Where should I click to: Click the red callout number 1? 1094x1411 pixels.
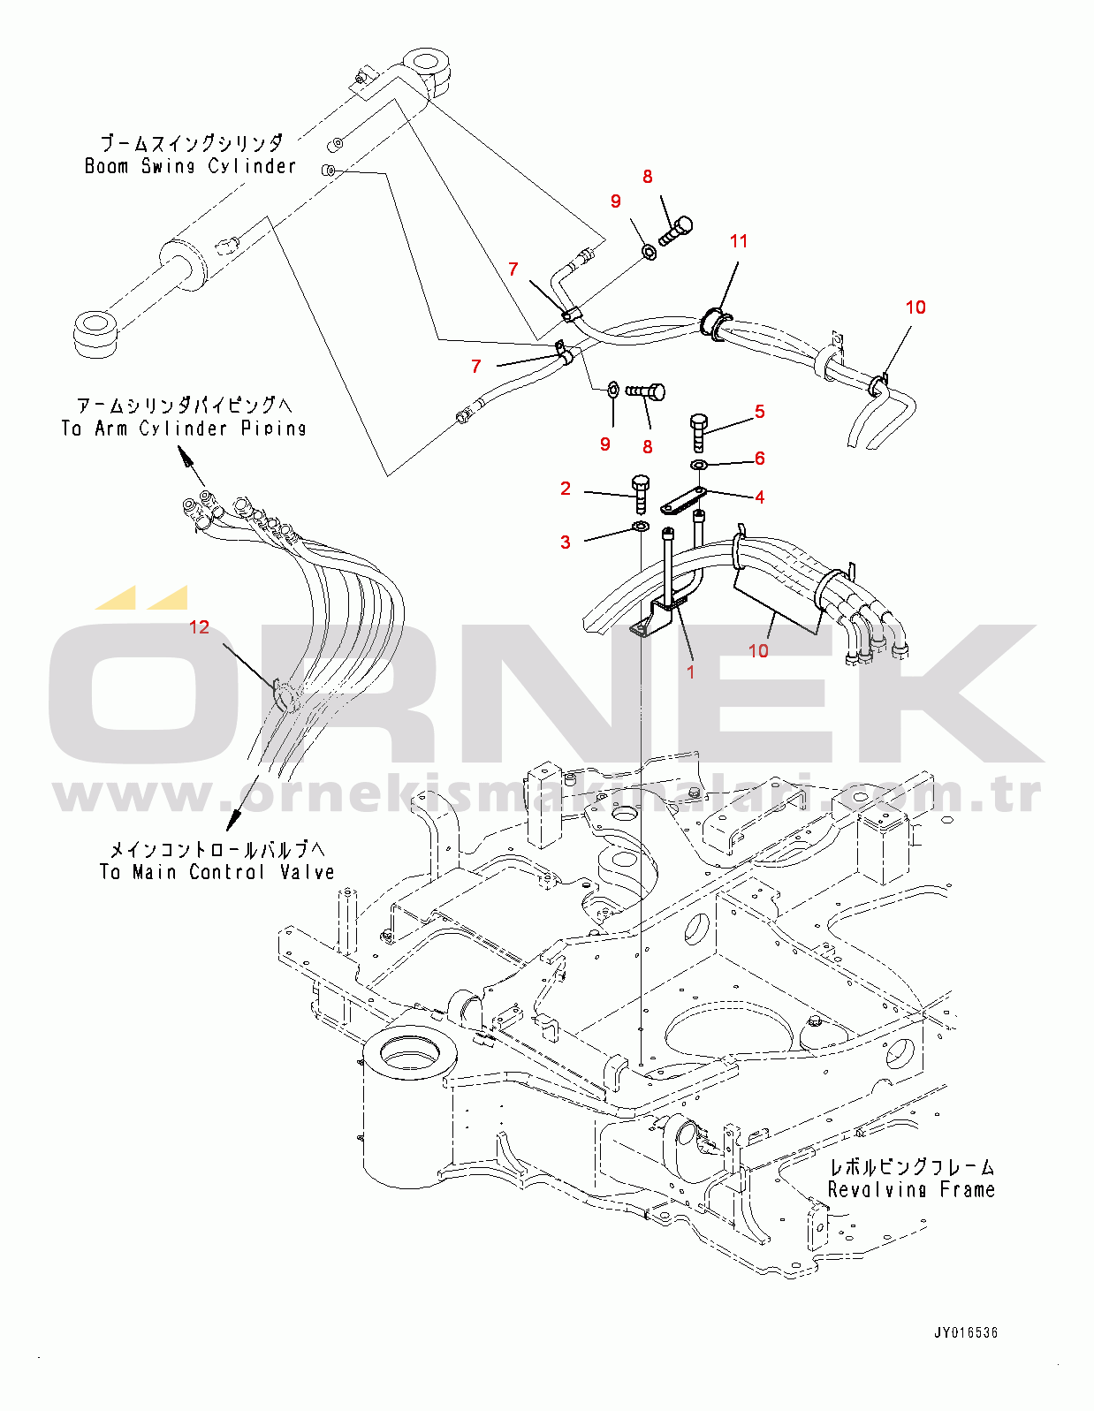pos(690,671)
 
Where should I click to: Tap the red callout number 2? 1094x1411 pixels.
pos(566,489)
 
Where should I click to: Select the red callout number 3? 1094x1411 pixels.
pos(566,542)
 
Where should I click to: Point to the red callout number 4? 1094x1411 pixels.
pos(759,497)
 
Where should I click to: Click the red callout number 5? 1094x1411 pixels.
pos(759,412)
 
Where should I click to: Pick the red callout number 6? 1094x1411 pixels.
pos(759,459)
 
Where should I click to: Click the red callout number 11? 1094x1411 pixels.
pos(739,241)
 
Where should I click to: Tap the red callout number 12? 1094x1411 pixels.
pos(200,627)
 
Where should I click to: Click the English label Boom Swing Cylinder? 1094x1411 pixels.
pos(190,166)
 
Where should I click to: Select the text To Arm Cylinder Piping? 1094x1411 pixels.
pos(184,429)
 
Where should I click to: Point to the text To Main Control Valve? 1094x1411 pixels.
pos(217,872)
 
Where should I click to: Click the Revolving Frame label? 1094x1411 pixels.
pos(911,1190)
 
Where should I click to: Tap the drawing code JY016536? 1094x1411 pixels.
pos(966,1332)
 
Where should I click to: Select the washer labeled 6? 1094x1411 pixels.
pos(699,465)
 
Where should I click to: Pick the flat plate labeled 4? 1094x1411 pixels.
pos(682,502)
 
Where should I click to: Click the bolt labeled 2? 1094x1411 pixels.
pos(641,492)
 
